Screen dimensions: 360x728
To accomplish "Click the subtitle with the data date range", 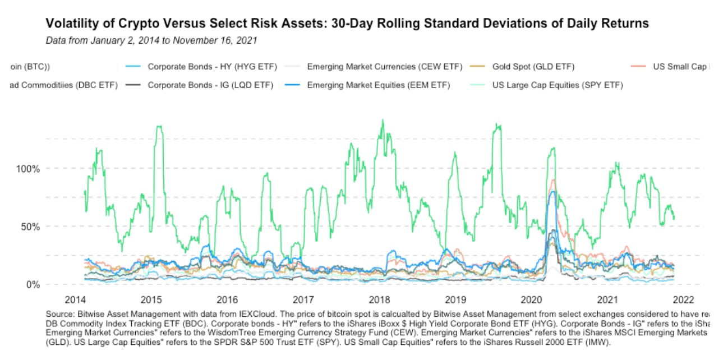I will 151,40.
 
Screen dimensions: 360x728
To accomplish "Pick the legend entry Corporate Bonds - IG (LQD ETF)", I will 210,85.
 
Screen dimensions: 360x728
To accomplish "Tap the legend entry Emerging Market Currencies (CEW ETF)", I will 384,67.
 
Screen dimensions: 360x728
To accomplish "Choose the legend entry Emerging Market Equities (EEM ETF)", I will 382,85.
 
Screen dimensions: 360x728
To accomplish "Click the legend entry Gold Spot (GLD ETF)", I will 533,67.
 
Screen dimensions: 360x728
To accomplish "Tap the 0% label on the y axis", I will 32,285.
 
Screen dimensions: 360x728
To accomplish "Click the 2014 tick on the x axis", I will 75,299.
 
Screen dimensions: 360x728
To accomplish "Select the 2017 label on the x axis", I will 303,299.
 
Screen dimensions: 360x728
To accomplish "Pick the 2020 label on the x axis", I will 532,299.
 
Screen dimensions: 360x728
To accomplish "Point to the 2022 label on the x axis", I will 684,299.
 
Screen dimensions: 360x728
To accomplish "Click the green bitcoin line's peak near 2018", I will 383,120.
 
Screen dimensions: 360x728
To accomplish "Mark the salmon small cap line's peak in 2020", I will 553,180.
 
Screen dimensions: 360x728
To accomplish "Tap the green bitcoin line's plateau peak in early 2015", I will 159,127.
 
